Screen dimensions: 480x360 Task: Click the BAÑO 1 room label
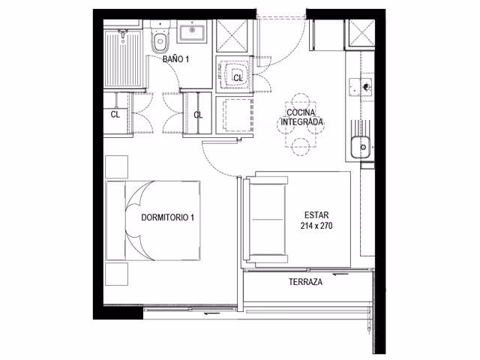175,59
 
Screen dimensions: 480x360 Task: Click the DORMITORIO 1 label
167,217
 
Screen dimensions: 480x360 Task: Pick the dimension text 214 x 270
316,226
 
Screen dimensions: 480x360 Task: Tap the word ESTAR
316,215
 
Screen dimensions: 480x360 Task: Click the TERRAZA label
305,282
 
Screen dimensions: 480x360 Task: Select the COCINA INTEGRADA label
301,117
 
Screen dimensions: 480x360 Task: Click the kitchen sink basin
361,147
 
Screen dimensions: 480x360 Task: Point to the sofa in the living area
266,220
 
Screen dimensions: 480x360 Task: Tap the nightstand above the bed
117,166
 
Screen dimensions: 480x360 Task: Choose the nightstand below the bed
117,274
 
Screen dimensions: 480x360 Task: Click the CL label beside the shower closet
115,115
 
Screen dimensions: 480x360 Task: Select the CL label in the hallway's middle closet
198,115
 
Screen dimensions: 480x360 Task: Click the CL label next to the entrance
238,78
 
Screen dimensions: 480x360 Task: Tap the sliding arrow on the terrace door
340,274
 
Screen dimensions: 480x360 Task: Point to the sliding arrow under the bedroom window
212,313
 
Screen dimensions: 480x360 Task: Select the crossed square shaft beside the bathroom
232,36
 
